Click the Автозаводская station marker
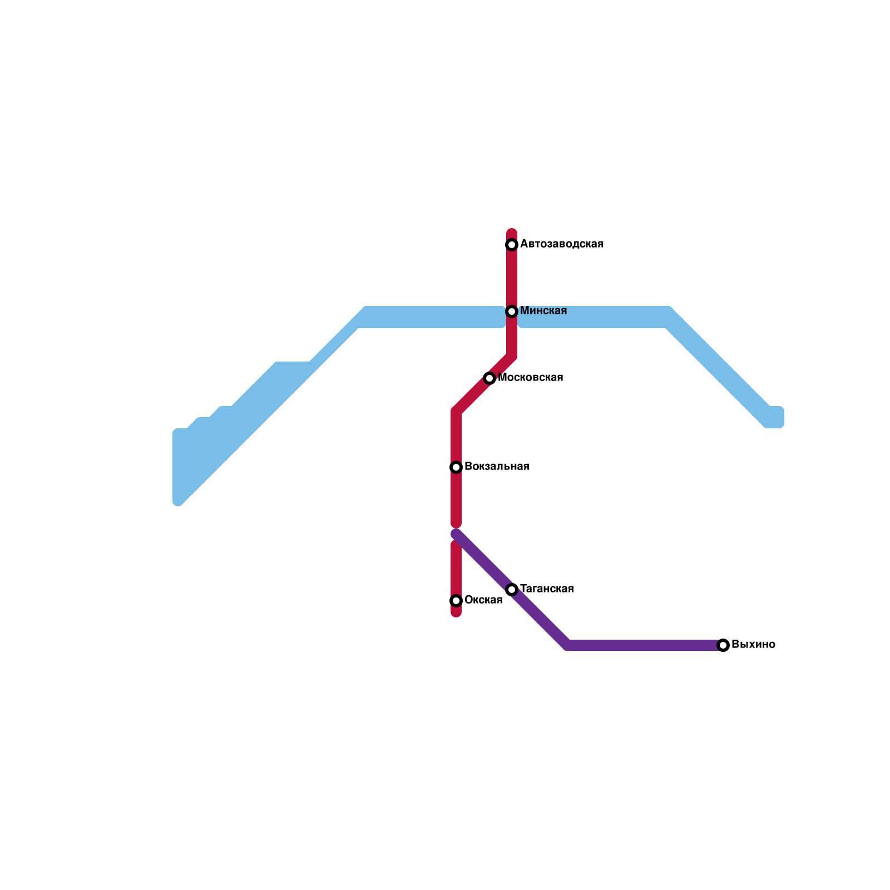(x=512, y=245)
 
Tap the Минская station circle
(x=512, y=311)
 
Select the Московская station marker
(x=489, y=378)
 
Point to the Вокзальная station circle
(x=456, y=467)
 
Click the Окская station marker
(x=456, y=601)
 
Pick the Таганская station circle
(x=512, y=590)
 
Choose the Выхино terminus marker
(x=723, y=645)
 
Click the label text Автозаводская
(x=562, y=244)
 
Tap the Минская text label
(x=543, y=311)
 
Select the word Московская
(x=531, y=378)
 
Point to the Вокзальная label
(x=497, y=467)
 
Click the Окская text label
(x=483, y=600)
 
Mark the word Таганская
(x=547, y=589)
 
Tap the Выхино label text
(x=753, y=645)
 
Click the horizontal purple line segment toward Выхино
(x=645, y=645)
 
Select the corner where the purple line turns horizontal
(x=567, y=645)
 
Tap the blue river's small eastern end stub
(x=777, y=417)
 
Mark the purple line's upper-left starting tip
(x=456, y=533)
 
